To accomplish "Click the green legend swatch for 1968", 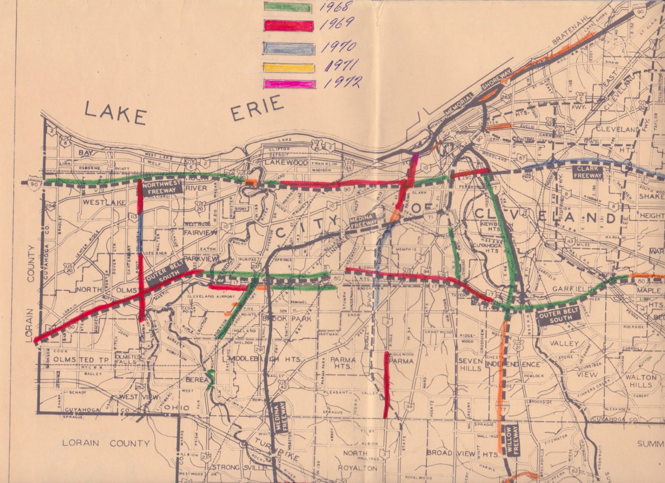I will (287, 7).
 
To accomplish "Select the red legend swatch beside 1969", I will (289, 26).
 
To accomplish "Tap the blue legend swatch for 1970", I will (289, 48).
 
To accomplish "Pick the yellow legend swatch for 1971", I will (289, 68).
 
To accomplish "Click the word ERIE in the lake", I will (257, 109).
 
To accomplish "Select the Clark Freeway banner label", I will (588, 172).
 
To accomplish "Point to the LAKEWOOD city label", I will (286, 163).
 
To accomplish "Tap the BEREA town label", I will (196, 380).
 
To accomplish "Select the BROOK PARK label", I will (286, 318).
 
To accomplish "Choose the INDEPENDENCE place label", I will (513, 364).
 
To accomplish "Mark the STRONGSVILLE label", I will (240, 467).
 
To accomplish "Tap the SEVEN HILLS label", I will (470, 365).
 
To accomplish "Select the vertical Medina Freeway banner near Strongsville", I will (281, 417).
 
